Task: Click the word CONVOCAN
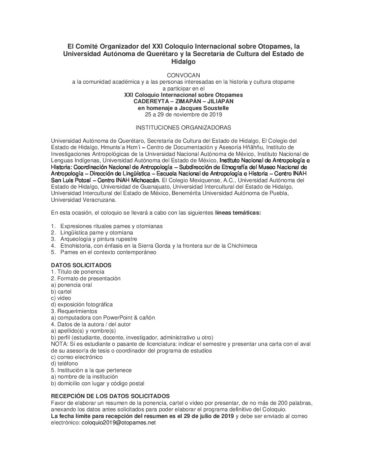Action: click(183, 75)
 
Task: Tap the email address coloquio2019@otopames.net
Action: click(118, 423)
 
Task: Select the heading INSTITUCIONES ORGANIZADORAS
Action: click(183, 128)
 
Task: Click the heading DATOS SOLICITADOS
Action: click(81, 265)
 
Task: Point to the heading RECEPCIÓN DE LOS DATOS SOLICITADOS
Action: click(110, 396)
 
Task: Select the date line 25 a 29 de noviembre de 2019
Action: click(183, 114)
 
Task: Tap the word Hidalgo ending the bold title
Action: click(183, 62)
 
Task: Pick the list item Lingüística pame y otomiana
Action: click(96, 232)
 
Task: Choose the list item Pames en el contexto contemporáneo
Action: click(108, 252)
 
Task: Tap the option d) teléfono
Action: click(64, 363)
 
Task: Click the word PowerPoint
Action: click(120, 317)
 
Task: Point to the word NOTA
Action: click(58, 344)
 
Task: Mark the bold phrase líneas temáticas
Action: click(238, 213)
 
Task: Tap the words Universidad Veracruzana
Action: click(83, 200)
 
